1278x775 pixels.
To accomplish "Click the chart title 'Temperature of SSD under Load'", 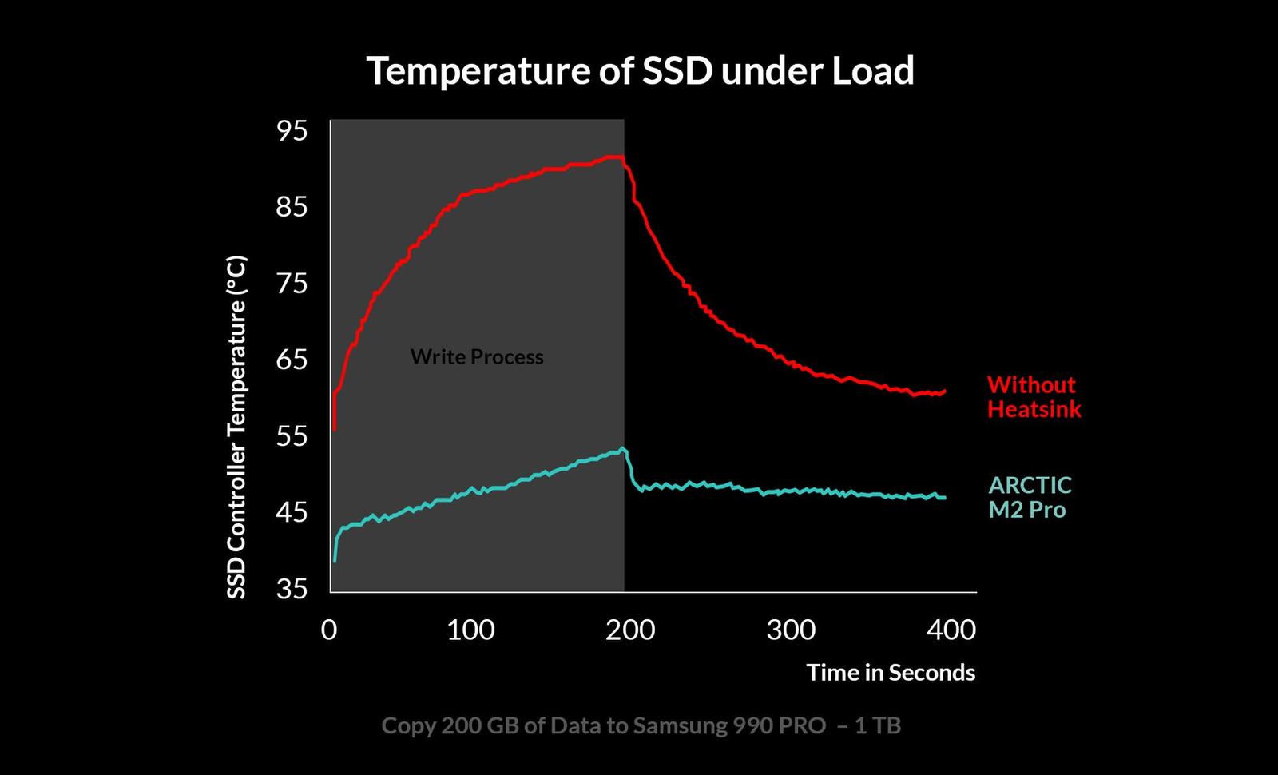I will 640,71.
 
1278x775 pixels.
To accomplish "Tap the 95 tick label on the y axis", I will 292,130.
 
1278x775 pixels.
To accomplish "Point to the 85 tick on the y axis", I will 292,207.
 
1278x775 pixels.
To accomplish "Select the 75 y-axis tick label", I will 292,284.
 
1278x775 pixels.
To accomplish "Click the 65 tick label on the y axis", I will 292,360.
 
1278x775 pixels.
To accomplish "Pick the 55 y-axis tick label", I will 292,435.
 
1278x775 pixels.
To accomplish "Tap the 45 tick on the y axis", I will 292,511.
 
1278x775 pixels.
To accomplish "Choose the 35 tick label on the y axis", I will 292,588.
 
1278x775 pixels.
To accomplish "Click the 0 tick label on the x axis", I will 329,630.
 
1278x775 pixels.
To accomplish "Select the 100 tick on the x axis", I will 470,630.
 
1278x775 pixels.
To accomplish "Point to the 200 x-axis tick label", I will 630,630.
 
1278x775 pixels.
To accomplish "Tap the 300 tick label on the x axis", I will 791,630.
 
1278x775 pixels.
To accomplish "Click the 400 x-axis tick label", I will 951,630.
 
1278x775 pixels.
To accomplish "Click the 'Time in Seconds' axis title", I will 891,673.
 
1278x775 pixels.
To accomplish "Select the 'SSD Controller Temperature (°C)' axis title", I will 236,427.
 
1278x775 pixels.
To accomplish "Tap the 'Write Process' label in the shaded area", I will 477,357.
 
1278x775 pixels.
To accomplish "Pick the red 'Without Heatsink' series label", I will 1034,397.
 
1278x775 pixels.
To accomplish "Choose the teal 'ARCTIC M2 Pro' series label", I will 1030,497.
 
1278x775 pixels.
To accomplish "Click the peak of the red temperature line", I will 615,157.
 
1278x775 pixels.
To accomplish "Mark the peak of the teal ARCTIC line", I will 622,448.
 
